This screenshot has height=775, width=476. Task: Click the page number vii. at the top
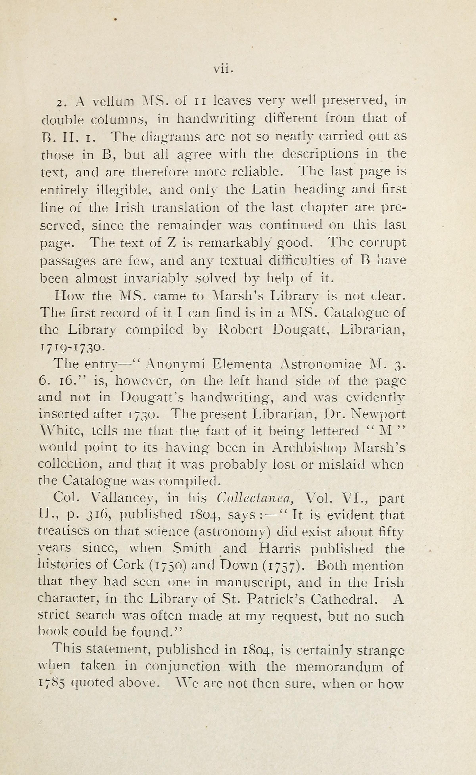(x=223, y=69)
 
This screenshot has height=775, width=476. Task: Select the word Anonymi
(x=176, y=364)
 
